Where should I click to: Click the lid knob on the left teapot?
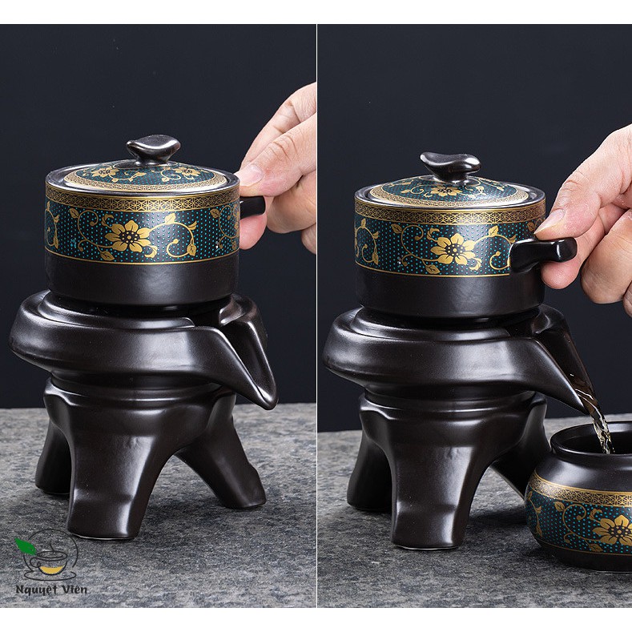[x=153, y=147]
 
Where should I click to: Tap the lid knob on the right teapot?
[x=450, y=164]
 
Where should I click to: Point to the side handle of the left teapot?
[x=252, y=206]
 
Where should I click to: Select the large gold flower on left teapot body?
[x=129, y=235]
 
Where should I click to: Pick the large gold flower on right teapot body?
[x=453, y=249]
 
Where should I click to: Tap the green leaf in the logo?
[x=25, y=547]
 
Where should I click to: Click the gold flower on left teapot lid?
[x=105, y=171]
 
